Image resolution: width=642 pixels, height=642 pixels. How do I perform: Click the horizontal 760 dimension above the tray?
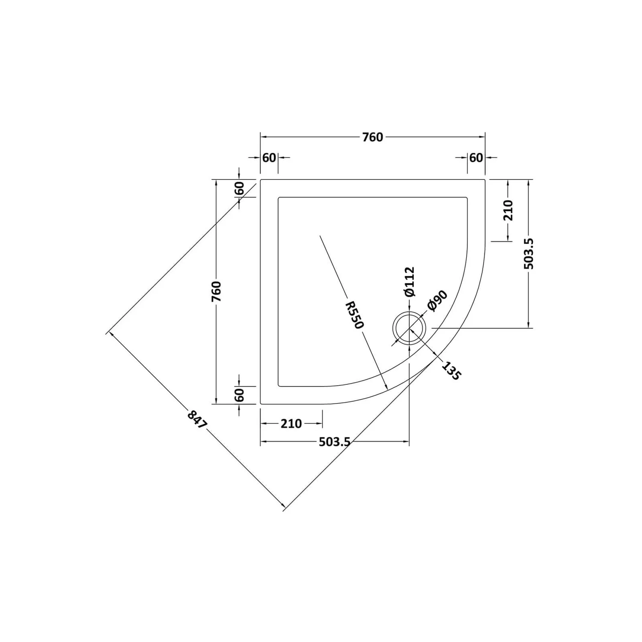click(x=372, y=137)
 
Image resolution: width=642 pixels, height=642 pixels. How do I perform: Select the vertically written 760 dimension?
click(x=217, y=291)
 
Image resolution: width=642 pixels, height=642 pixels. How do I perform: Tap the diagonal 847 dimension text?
click(x=197, y=420)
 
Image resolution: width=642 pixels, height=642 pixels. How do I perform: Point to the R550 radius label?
click(x=355, y=315)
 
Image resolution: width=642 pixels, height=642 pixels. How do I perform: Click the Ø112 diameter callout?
click(x=410, y=281)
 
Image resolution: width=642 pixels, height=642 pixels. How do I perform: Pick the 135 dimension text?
click(x=451, y=371)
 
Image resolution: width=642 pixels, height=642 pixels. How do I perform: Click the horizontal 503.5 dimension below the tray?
click(x=334, y=442)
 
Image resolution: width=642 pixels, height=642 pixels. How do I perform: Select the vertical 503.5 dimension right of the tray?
click(x=529, y=253)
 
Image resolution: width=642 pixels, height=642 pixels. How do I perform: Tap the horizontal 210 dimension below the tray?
click(x=291, y=424)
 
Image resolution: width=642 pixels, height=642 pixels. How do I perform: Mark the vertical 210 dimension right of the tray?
click(x=508, y=210)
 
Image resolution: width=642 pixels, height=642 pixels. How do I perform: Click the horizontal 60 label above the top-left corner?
click(x=269, y=158)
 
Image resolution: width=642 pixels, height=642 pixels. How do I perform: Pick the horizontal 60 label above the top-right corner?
click(x=476, y=158)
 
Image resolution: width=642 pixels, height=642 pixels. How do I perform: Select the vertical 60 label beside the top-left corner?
click(x=239, y=188)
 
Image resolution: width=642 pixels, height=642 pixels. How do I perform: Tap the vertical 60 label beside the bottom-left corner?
click(x=239, y=395)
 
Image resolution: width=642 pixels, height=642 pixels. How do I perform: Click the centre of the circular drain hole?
click(x=409, y=328)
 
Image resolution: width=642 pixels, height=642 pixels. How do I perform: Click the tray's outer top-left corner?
click(x=261, y=180)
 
